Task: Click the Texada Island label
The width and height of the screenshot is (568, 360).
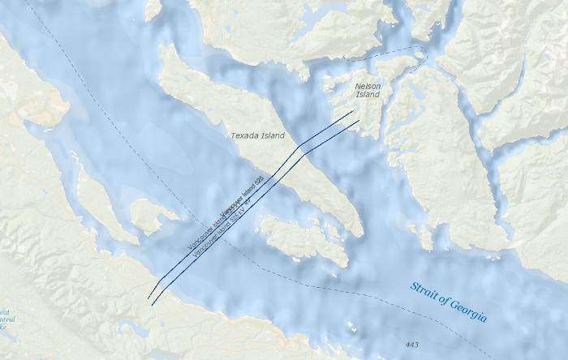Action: pos(257,136)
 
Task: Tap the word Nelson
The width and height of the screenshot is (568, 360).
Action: pos(368,84)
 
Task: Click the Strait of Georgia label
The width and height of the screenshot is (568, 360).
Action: pos(448,302)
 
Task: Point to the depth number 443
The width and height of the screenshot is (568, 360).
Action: pos(411,345)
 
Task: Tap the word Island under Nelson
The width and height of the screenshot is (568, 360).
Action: pos(368,95)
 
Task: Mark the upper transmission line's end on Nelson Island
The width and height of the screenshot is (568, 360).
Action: pos(354,112)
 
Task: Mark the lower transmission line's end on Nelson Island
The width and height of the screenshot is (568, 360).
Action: pos(359,122)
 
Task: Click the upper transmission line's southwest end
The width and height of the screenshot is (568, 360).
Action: pos(148,299)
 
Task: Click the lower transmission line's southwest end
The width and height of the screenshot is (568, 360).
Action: pos(153,305)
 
